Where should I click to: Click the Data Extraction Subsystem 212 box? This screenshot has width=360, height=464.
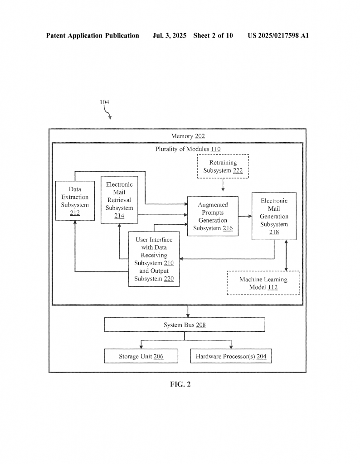coord(75,201)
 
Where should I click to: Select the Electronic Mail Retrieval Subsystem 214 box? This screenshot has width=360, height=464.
coord(119,200)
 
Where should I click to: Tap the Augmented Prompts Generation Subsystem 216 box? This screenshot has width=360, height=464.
coord(213,216)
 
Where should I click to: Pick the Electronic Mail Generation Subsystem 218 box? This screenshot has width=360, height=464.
coord(274,216)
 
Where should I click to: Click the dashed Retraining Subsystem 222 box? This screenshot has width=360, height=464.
coord(223,166)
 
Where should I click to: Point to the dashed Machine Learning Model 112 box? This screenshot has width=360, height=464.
coord(263,283)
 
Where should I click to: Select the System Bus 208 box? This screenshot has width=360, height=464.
coord(185,324)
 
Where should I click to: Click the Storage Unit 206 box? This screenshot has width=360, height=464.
coord(141,356)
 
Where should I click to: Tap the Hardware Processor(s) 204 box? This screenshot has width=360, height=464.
coord(231,356)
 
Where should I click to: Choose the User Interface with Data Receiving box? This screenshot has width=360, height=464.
coord(154,259)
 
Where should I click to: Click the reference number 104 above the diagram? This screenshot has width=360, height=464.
coord(104,102)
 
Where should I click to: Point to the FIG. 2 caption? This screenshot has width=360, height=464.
coord(180,384)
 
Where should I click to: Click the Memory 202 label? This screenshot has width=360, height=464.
coord(188,136)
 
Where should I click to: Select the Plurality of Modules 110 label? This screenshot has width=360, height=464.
coord(188,149)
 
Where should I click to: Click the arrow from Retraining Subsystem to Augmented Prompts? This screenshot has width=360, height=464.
coord(223,185)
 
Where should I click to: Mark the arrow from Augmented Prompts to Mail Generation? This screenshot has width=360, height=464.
coord(245,216)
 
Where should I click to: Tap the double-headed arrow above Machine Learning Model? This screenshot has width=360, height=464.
coord(286,256)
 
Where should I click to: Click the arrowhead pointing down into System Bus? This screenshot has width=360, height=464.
coord(188,315)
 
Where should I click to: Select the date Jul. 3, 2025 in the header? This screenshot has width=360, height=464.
coord(169,35)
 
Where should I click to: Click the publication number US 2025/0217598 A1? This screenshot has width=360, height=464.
coord(278,35)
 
